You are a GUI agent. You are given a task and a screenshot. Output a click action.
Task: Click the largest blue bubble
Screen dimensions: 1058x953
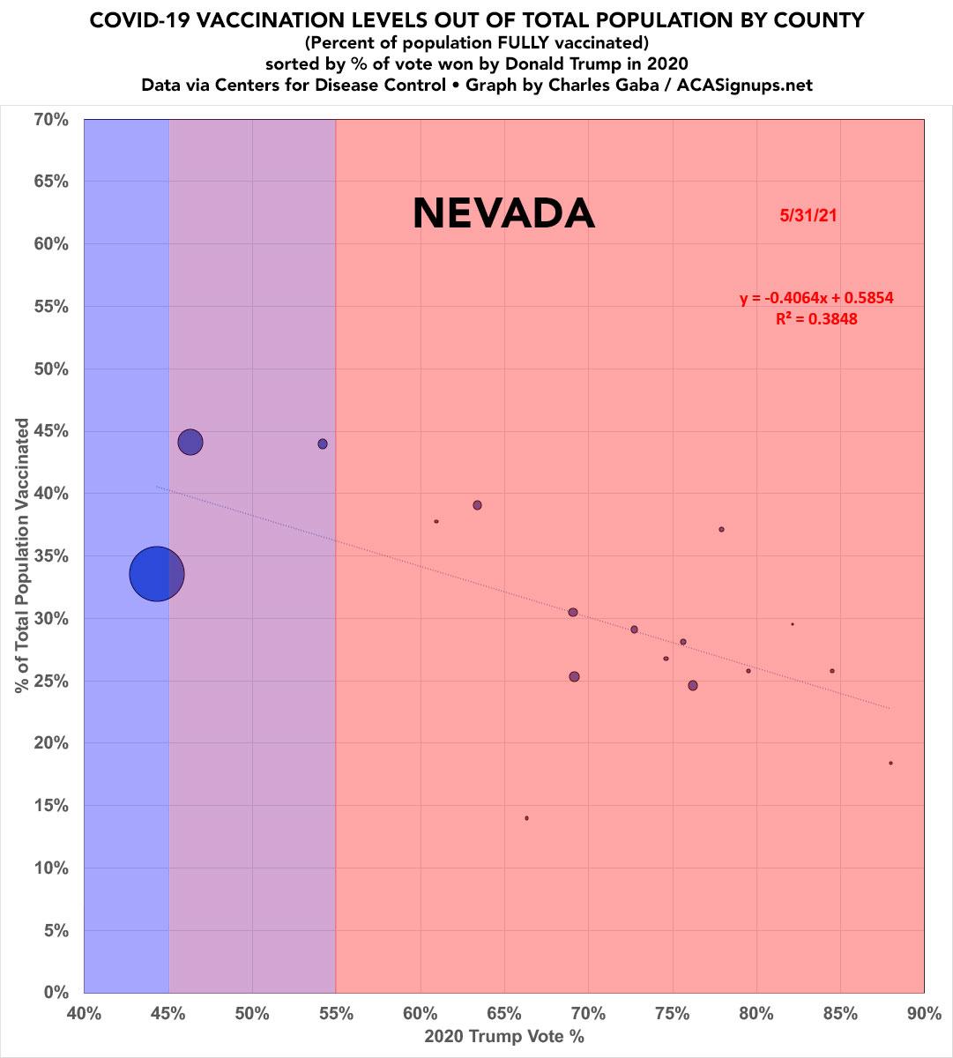(x=157, y=574)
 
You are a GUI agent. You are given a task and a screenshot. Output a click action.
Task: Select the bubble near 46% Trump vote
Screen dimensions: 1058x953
(x=190, y=442)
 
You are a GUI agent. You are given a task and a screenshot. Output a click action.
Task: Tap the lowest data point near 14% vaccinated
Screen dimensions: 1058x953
(x=526, y=818)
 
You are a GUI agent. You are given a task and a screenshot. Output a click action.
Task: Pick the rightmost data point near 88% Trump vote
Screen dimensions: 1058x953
(x=890, y=764)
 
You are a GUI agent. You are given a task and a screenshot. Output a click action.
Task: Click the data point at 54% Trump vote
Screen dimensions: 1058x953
(x=323, y=443)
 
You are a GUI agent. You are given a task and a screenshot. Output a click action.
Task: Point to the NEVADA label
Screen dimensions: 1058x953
(x=503, y=214)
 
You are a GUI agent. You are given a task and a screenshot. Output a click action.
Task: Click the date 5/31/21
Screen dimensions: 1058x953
(x=808, y=215)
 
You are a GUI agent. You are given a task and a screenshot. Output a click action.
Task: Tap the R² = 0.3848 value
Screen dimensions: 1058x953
(x=816, y=319)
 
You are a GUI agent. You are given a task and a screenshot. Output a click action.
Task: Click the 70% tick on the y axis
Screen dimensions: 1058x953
(x=51, y=119)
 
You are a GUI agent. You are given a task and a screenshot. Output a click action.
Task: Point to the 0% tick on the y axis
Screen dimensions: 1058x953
(x=56, y=993)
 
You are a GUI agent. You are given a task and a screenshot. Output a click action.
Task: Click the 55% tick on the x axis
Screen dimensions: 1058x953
(x=336, y=1014)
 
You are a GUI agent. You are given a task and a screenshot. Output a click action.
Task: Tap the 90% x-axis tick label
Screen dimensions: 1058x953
(x=924, y=1014)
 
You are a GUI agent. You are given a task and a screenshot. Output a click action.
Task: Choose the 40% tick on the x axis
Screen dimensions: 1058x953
(x=84, y=1014)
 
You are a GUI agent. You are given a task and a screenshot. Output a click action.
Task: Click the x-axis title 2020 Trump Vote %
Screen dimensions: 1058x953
(x=504, y=1037)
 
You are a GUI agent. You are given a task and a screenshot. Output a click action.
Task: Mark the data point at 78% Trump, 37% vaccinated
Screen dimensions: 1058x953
(x=721, y=530)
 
